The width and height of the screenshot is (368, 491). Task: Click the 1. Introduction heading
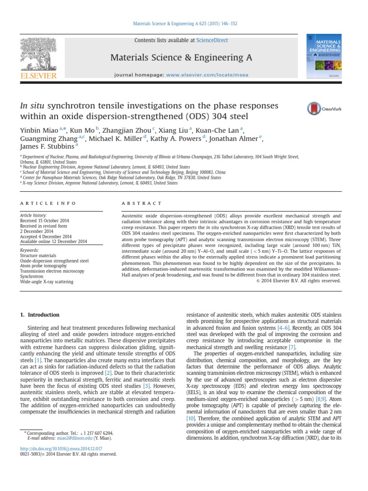pyautogui.click(x=40, y=315)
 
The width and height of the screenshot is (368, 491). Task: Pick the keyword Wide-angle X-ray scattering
pyautogui.click(x=47, y=282)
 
